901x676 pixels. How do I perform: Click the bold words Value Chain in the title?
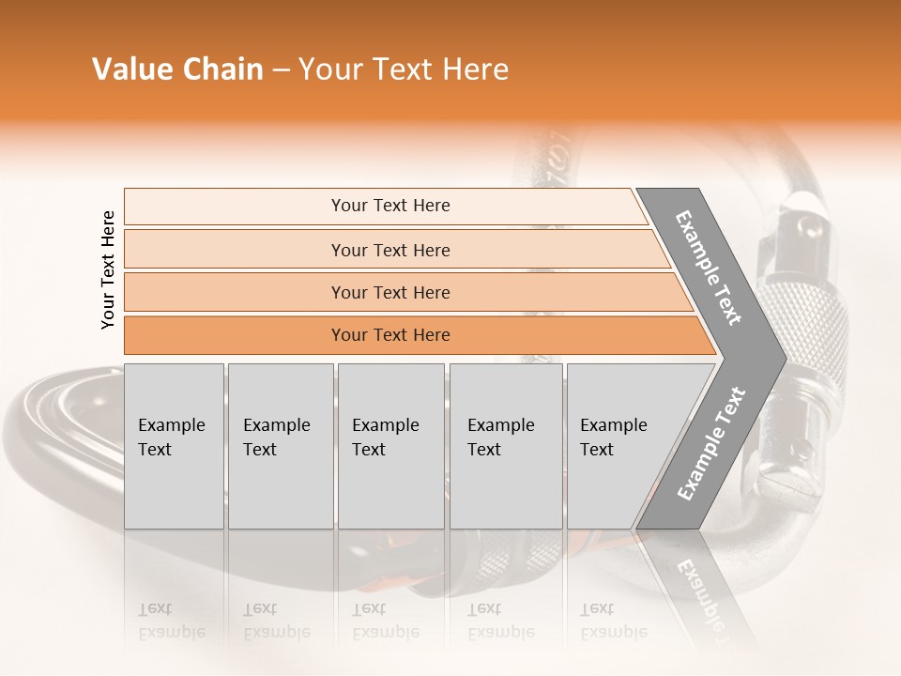click(x=177, y=69)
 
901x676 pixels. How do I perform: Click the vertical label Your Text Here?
click(x=108, y=269)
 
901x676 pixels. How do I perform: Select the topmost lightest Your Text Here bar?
click(x=389, y=206)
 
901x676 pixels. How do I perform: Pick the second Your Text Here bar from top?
click(x=389, y=250)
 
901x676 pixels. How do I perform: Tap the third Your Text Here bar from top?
click(x=389, y=292)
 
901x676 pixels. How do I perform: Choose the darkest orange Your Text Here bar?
click(x=389, y=335)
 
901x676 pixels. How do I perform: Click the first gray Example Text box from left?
click(x=174, y=446)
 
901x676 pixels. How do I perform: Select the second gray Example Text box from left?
click(x=280, y=446)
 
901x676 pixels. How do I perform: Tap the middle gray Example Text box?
click(x=390, y=446)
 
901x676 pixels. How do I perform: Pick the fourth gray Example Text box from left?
click(x=505, y=446)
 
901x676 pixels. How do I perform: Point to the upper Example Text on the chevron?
click(x=709, y=268)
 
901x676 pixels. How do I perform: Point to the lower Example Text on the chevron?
click(x=711, y=443)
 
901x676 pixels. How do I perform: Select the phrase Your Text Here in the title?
click(x=404, y=69)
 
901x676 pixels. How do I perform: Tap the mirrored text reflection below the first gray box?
click(x=171, y=621)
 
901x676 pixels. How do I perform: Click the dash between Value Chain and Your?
click(x=281, y=69)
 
